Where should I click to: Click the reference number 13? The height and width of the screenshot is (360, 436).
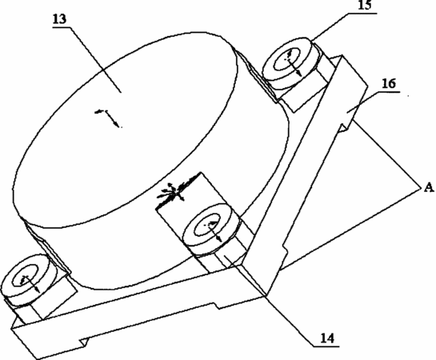click(x=59, y=19)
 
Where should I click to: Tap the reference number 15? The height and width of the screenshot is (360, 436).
click(x=365, y=5)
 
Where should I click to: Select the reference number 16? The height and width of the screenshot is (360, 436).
click(x=389, y=83)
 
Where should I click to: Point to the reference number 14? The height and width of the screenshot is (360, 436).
click(x=327, y=338)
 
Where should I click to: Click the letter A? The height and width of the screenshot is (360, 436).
click(x=429, y=188)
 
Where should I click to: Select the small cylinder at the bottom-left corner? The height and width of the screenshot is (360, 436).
click(x=28, y=278)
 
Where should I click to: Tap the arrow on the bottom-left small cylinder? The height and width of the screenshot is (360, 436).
click(x=30, y=283)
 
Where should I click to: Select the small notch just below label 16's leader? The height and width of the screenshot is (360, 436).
click(x=346, y=126)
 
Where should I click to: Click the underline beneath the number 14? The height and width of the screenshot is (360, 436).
click(x=326, y=346)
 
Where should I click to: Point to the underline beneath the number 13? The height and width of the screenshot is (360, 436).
click(x=61, y=26)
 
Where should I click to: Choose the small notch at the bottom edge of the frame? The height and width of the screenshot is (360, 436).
click(x=84, y=342)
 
